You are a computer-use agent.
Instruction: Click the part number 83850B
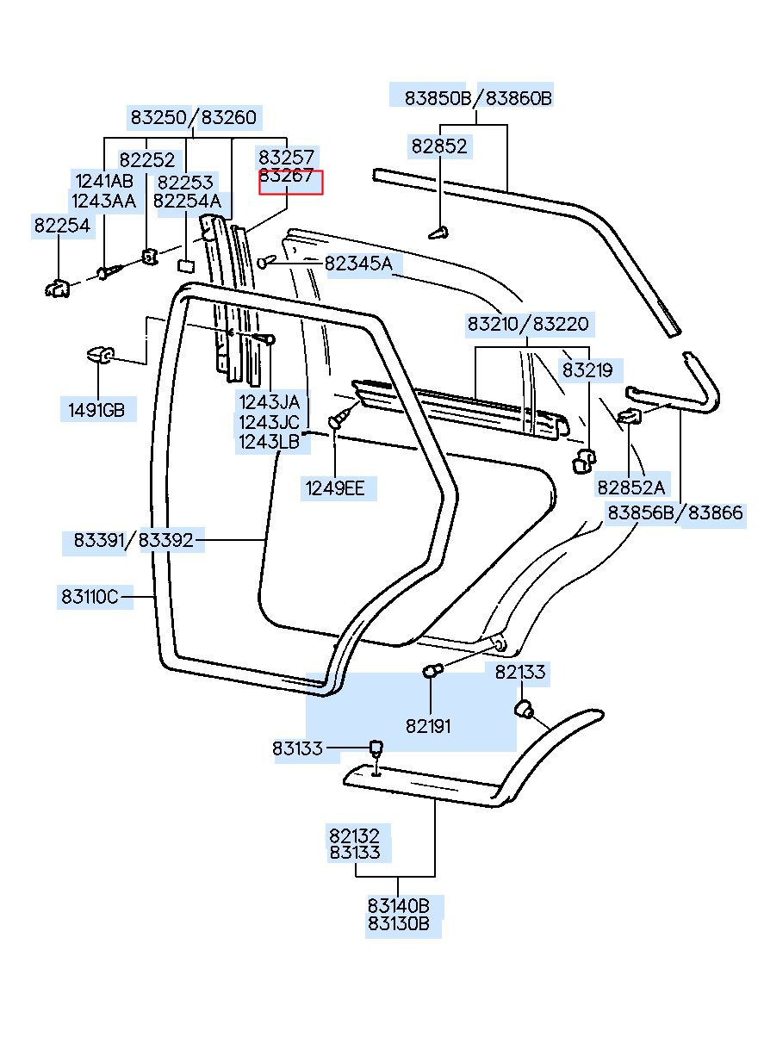(x=438, y=98)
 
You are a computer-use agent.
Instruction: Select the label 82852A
(x=630, y=487)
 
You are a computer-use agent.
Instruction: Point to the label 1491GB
(x=96, y=410)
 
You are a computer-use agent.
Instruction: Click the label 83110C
(x=90, y=597)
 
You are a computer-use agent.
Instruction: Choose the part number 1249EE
(x=335, y=488)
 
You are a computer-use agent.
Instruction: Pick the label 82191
(x=428, y=726)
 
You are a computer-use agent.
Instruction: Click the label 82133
(x=519, y=672)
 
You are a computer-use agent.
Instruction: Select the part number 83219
(x=587, y=370)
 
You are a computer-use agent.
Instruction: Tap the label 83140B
(x=399, y=906)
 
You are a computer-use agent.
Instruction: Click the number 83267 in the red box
(x=286, y=176)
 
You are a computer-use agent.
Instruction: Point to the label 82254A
(x=187, y=202)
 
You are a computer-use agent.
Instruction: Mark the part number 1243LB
(x=269, y=442)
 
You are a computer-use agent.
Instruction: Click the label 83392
(x=165, y=540)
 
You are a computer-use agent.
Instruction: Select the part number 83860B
(x=519, y=98)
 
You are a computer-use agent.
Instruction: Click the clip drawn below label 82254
(x=58, y=288)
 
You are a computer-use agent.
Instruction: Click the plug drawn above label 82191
(x=432, y=671)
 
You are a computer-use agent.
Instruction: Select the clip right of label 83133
(x=376, y=748)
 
